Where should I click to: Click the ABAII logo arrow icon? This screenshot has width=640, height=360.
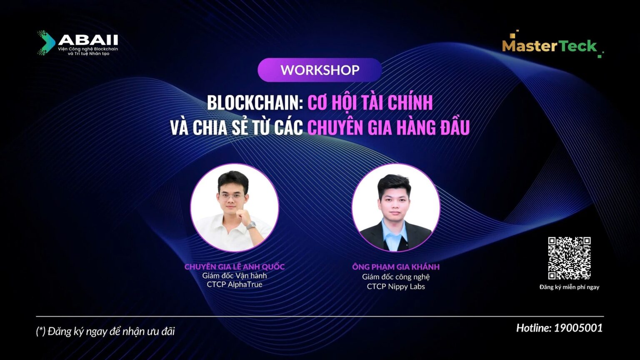click(46, 42)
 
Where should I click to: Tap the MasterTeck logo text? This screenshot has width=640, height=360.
click(550, 46)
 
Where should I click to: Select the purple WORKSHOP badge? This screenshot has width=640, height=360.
click(320, 70)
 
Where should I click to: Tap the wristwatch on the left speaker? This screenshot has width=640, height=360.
click(251, 225)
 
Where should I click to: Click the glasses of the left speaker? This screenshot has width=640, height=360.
click(231, 197)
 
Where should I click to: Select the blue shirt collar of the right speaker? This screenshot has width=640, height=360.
click(395, 231)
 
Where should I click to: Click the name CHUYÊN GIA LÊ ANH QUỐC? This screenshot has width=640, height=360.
click(235, 267)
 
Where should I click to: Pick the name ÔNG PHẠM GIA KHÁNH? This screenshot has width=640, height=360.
click(396, 267)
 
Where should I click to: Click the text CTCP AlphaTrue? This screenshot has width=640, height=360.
click(235, 285)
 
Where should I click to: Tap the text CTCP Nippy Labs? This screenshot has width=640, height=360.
click(396, 287)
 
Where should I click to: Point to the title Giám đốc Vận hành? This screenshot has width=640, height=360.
click(235, 276)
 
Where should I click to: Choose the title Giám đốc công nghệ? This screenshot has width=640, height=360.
click(396, 277)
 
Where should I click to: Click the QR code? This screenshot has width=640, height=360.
click(569, 258)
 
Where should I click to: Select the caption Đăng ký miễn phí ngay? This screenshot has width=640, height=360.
click(569, 287)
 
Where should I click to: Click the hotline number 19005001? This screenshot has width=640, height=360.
click(578, 328)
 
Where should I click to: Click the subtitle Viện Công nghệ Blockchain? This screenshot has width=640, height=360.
click(88, 49)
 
